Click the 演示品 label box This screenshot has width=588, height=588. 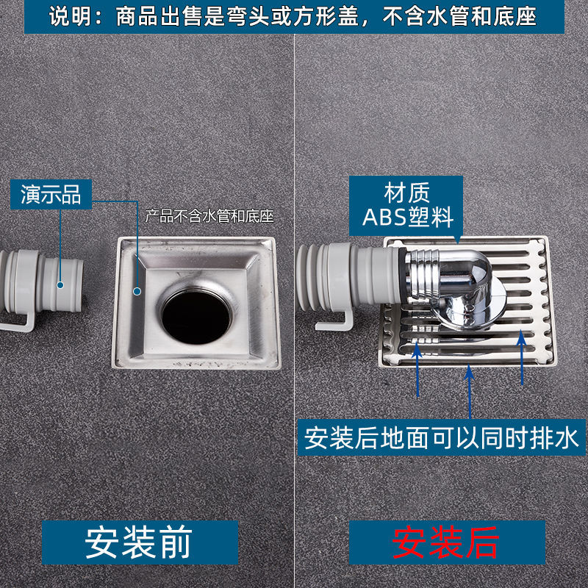coord(51,195)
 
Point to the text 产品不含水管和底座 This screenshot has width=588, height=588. coord(209,216)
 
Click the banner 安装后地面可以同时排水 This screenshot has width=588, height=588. coord(442,440)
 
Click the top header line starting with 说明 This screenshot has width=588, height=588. coord(293,16)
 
